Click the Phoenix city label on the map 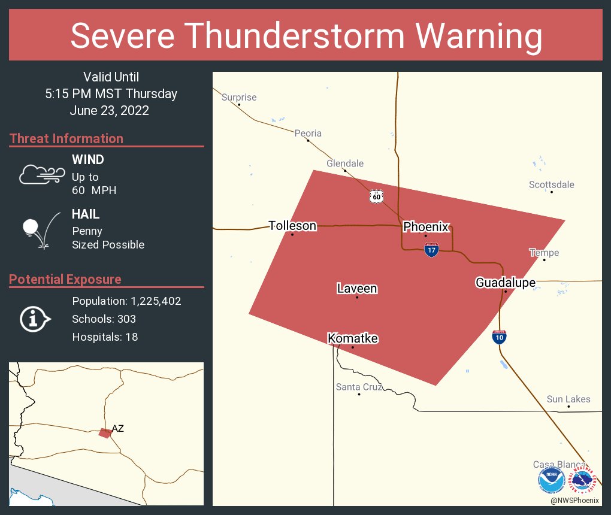tap(426, 227)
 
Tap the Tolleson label tap(292, 226)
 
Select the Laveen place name tap(357, 289)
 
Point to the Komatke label tap(353, 339)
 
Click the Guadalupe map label tap(506, 283)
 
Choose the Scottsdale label tap(551, 184)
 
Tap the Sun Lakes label tap(568, 399)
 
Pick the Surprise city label tap(239, 98)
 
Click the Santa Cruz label tap(359, 387)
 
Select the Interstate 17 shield tap(431, 250)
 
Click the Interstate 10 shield tap(499, 337)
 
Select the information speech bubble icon tap(35, 319)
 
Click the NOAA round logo tap(551, 480)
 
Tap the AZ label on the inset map tap(117, 429)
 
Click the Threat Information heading tap(66, 139)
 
